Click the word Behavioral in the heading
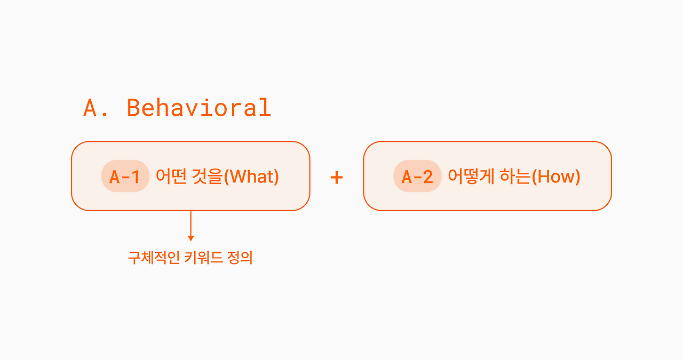(199, 107)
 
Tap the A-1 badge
(125, 176)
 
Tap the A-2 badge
(417, 176)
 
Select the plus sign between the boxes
(337, 177)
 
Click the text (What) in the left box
(251, 177)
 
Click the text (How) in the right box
(556, 177)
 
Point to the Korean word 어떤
(171, 176)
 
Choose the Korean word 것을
(208, 176)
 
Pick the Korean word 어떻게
(471, 176)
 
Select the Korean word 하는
(515, 176)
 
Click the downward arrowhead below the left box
(191, 238)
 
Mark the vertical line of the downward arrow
(191, 223)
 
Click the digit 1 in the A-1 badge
(135, 177)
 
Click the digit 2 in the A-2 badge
(427, 177)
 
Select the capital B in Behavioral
(133, 108)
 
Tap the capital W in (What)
(238, 177)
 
